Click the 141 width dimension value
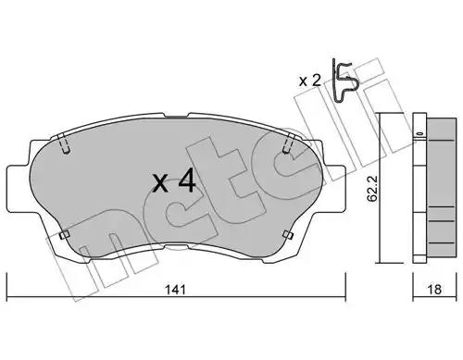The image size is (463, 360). click(176, 290)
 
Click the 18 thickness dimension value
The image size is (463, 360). click(434, 290)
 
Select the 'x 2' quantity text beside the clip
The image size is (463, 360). click(310, 81)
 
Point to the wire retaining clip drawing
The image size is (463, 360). click(344, 81)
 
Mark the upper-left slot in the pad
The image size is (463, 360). click(64, 143)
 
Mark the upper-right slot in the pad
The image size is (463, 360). click(288, 143)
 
